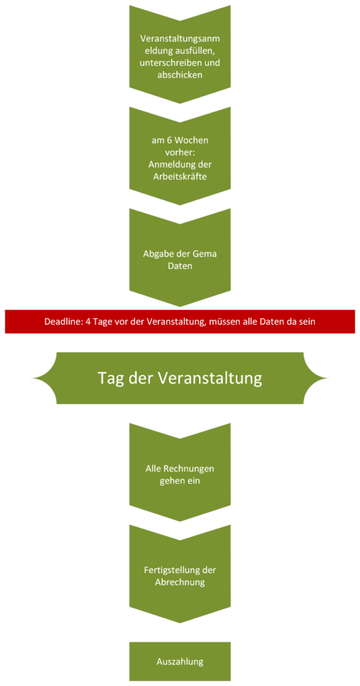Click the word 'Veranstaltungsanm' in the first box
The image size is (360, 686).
click(180, 38)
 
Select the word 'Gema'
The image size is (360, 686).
click(204, 253)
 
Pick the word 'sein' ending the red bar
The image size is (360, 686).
click(308, 322)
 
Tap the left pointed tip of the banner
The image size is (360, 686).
click(32, 378)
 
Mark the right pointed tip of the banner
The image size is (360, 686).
click(328, 378)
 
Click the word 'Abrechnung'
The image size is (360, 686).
click(180, 583)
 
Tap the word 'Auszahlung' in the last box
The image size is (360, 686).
click(180, 661)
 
